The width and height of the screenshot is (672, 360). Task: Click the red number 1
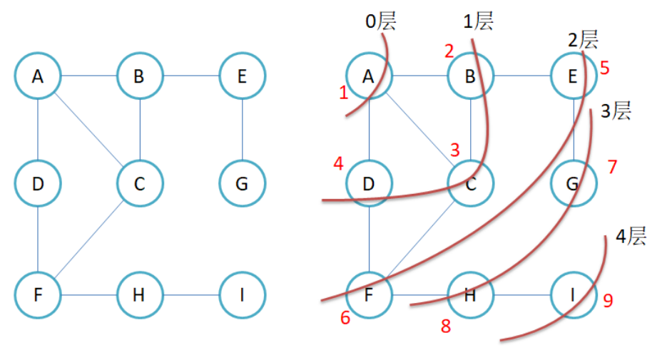[345, 92]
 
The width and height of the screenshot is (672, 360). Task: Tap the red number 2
[449, 51]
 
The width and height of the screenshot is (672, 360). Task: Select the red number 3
[454, 150]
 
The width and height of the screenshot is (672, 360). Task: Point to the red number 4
[338, 163]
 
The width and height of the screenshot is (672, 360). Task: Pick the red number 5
[604, 68]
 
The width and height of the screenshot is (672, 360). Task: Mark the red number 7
[611, 167]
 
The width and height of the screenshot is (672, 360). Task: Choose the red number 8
[446, 326]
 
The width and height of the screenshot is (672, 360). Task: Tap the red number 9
[608, 301]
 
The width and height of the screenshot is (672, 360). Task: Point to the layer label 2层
[583, 39]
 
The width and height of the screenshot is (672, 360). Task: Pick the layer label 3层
[615, 111]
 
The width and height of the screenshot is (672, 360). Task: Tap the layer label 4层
[631, 237]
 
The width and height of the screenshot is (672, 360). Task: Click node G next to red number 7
[574, 184]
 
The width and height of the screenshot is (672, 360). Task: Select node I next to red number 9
[574, 294]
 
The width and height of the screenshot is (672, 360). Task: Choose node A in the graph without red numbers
[38, 76]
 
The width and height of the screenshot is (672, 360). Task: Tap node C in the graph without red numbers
[140, 184]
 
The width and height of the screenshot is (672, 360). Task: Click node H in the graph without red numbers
[140, 294]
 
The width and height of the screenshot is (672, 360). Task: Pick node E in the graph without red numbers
[243, 76]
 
